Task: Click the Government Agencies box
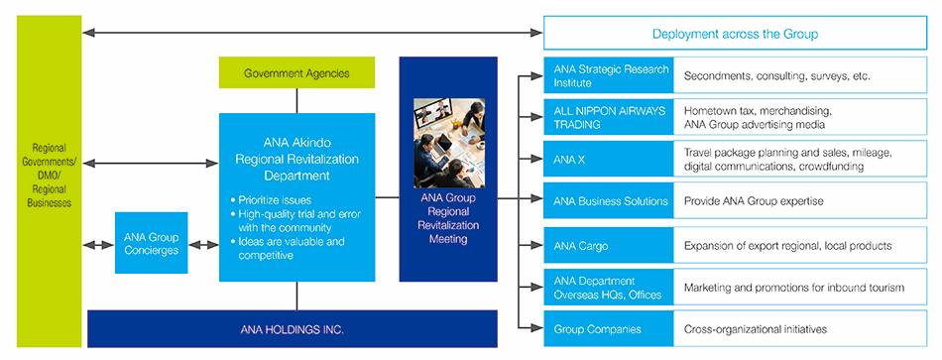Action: coord(296,72)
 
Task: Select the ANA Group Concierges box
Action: coord(152,243)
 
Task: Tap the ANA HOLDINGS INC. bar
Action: coord(292,328)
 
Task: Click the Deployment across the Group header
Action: coord(735,33)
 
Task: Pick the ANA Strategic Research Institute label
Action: coord(609,75)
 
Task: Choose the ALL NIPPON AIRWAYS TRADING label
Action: coord(609,117)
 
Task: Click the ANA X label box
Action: coord(609,160)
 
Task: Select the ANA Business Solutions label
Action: coord(609,200)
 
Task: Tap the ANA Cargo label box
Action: coord(609,245)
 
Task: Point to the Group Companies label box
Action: coord(609,328)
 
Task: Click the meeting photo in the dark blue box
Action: coord(449,143)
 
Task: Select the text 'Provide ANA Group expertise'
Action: coord(754,201)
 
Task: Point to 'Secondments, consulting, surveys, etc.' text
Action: coord(776,76)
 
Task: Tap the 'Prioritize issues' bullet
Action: coord(271,200)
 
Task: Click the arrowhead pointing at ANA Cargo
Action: coord(536,245)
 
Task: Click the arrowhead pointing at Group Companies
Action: coord(536,328)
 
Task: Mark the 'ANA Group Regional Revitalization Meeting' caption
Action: coord(448,219)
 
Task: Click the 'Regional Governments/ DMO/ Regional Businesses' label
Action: coord(50,176)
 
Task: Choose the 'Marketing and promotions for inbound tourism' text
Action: coord(793,288)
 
